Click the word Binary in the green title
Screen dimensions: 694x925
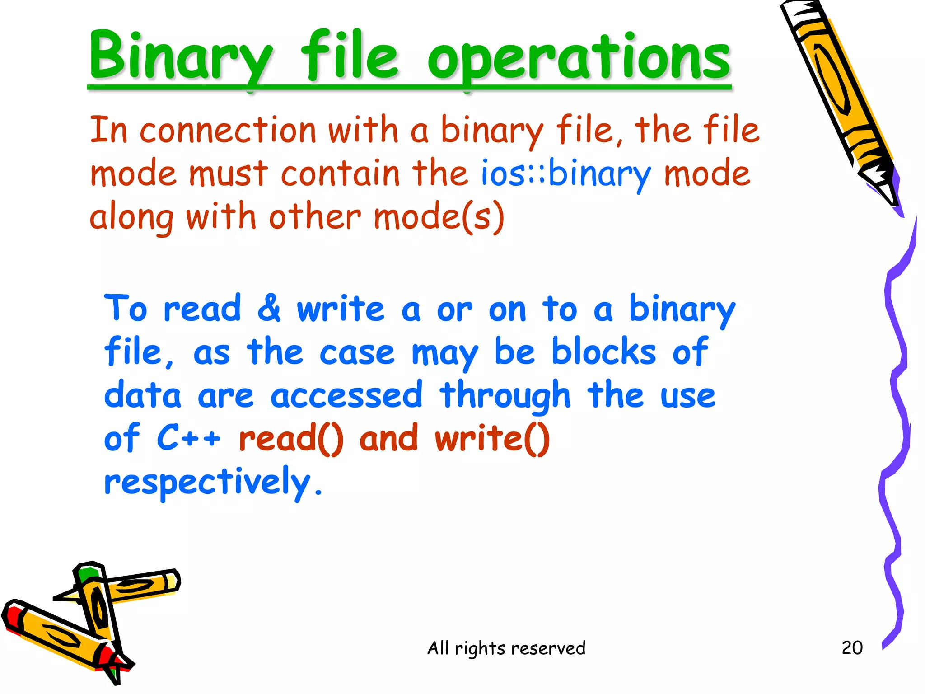tap(181, 56)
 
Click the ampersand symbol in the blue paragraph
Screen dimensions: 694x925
tap(269, 308)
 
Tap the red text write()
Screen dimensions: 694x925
tap(492, 438)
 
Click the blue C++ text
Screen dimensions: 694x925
tap(189, 438)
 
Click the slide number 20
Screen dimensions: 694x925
tap(852, 648)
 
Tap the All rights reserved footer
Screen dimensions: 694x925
tap(506, 648)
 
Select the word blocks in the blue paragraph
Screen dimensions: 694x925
tap(603, 352)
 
